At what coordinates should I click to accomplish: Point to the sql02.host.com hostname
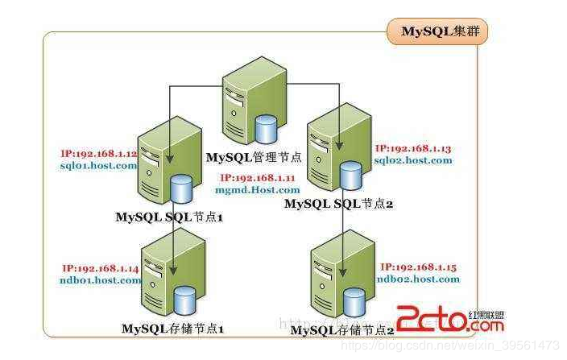click(414, 160)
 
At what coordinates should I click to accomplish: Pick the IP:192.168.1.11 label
click(257, 177)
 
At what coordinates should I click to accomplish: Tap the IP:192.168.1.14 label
click(99, 269)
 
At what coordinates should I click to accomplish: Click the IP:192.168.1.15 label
click(420, 267)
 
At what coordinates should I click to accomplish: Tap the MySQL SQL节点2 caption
click(337, 205)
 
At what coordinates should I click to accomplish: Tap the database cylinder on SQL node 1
click(182, 191)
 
